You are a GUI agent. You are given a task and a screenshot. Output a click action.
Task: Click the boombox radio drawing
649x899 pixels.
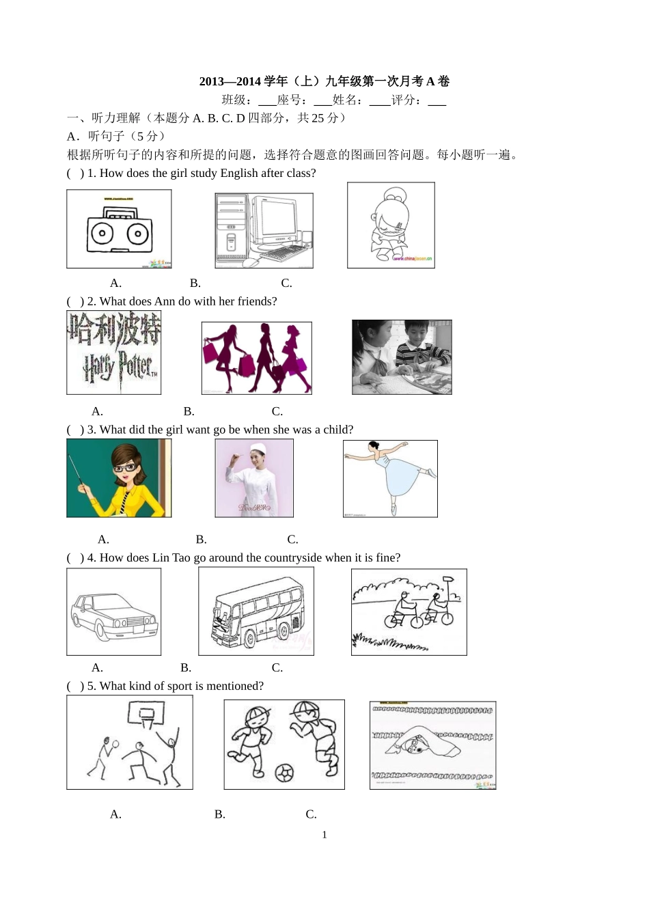(119, 229)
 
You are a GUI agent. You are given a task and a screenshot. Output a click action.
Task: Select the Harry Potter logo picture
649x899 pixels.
(114, 352)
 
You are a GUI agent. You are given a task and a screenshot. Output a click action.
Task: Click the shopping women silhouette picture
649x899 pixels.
(257, 358)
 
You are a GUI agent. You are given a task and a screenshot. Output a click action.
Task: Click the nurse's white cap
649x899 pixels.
(258, 448)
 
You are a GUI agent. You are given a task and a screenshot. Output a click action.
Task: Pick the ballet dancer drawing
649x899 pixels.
(391, 478)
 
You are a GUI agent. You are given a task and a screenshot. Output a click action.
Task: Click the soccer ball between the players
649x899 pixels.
(284, 773)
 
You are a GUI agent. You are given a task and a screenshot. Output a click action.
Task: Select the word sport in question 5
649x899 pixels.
(178, 686)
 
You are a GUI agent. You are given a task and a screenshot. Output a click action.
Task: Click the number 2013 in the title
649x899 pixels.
(212, 81)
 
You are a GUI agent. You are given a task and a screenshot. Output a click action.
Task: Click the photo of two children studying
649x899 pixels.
(402, 357)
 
